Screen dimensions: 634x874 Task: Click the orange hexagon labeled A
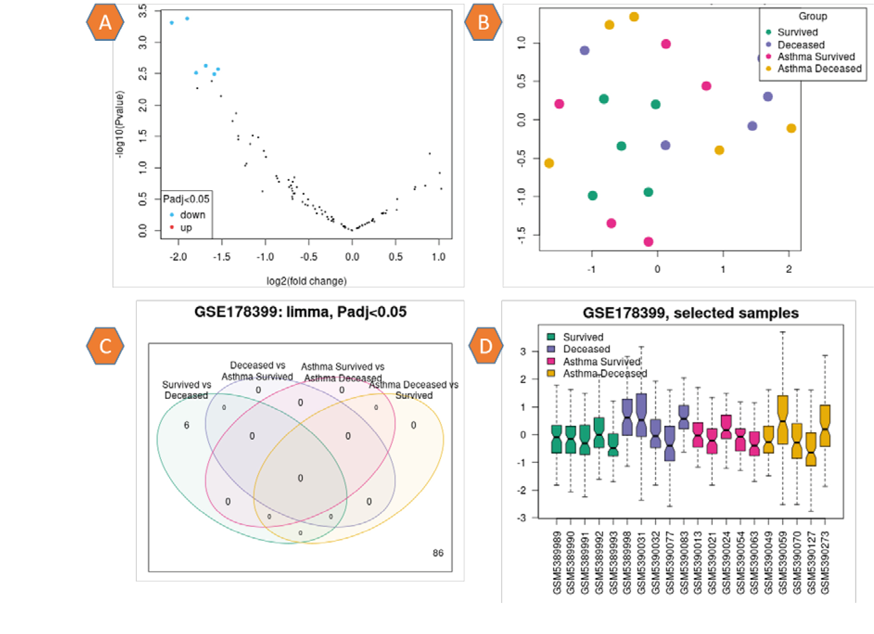[105, 22]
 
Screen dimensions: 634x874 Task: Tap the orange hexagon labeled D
[485, 346]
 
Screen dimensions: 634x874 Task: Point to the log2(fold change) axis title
[306, 281]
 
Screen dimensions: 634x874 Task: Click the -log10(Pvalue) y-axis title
[121, 124]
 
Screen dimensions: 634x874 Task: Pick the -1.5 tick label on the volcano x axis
[222, 257]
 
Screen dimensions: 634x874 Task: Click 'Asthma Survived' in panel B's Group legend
[816, 57]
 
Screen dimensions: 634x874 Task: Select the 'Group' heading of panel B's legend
[812, 16]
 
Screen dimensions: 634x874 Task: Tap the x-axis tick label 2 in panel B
[789, 269]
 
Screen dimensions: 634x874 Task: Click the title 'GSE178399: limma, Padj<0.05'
[300, 312]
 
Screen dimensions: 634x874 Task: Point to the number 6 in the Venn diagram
[186, 425]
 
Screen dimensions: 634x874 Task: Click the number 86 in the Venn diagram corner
[438, 553]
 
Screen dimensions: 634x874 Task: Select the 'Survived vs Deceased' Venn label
[186, 390]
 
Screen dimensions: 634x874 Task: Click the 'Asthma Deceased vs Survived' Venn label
[414, 390]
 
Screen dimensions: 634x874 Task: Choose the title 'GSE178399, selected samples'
[690, 313]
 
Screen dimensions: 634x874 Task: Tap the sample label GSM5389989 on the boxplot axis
[557, 563]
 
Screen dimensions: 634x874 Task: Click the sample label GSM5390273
[825, 563]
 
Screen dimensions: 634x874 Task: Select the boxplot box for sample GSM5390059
[783, 420]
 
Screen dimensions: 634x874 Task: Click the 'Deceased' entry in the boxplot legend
[586, 349]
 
